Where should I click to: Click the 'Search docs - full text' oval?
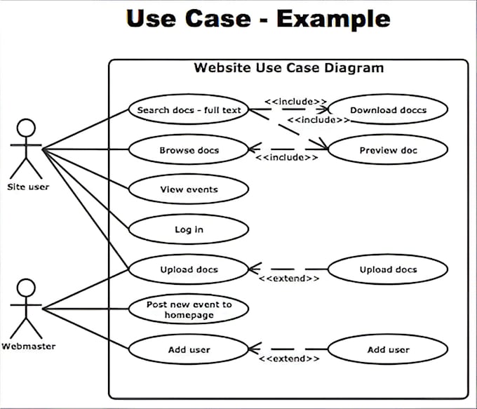(x=188, y=110)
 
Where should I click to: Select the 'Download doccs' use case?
(x=387, y=110)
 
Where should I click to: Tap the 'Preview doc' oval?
(x=387, y=150)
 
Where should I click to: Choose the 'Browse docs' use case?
(x=188, y=150)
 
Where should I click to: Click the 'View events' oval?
(x=188, y=189)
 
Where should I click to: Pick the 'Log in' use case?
(x=188, y=229)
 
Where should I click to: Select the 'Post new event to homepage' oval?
(x=188, y=309)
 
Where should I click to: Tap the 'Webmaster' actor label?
(x=28, y=347)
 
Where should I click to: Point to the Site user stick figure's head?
(x=26, y=128)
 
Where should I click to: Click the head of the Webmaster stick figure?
(x=26, y=287)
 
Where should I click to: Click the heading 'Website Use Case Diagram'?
(x=288, y=68)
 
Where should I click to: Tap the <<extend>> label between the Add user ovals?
(x=289, y=358)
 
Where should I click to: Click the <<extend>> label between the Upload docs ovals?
(x=289, y=279)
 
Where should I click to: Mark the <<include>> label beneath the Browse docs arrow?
(x=287, y=159)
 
